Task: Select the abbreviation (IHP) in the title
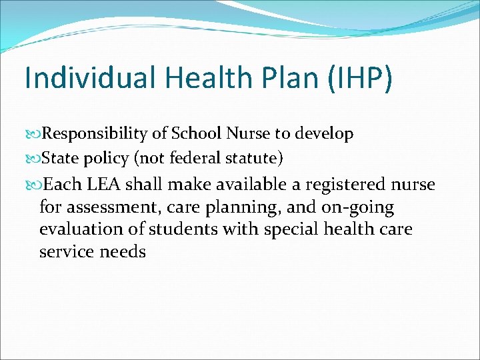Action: [359, 79]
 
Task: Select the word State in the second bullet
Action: [60, 159]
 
